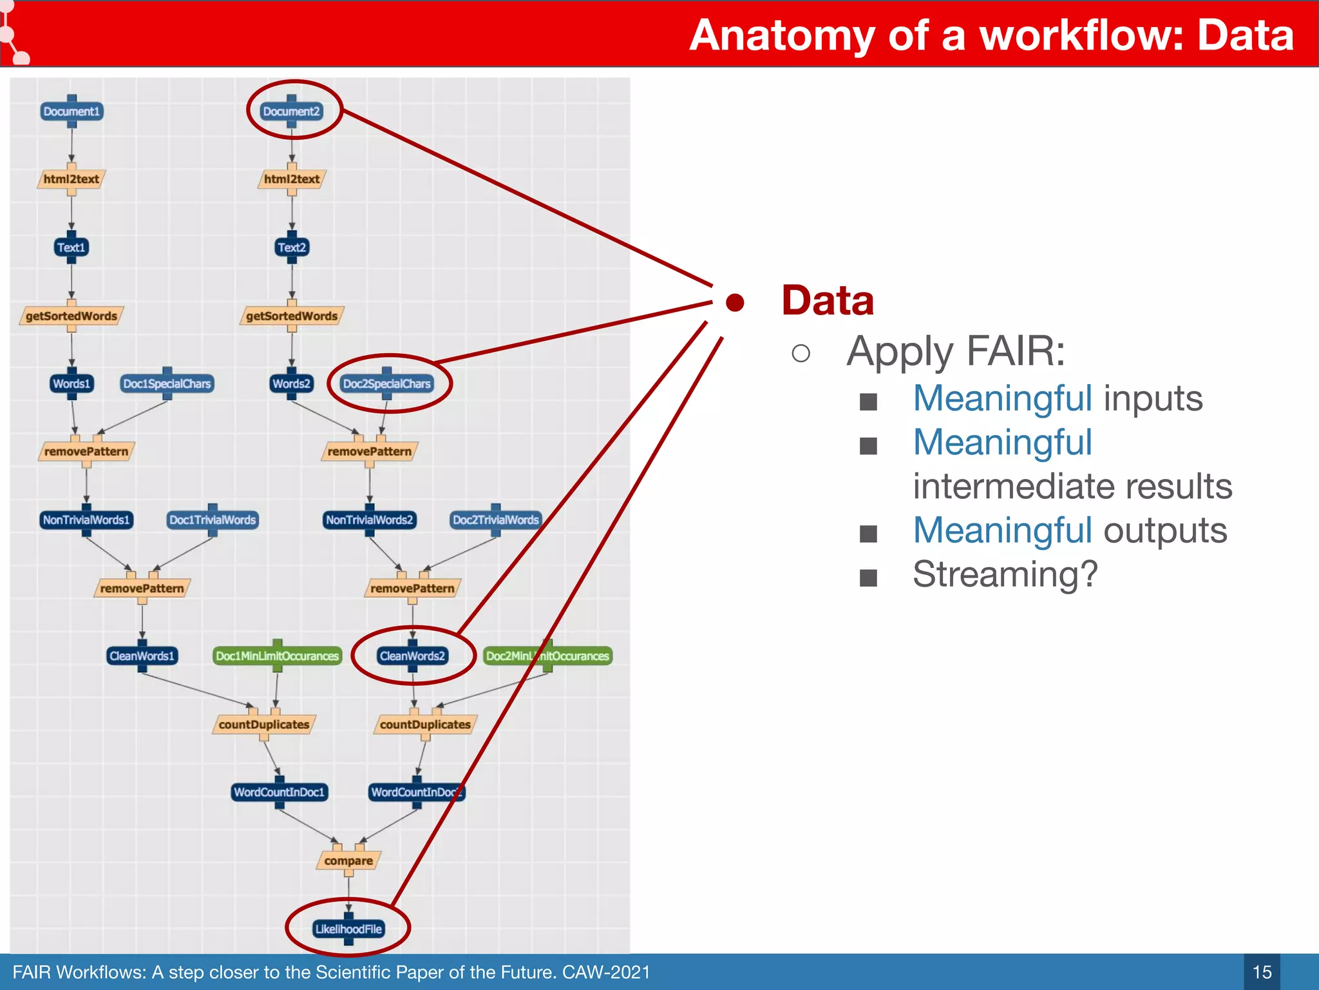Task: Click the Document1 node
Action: (x=71, y=112)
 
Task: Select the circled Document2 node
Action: (x=291, y=112)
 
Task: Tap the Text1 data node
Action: (x=71, y=247)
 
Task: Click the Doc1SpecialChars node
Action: (x=167, y=383)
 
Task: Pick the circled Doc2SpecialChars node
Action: (x=386, y=383)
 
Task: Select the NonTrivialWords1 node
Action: (x=86, y=519)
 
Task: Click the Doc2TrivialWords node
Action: (x=495, y=519)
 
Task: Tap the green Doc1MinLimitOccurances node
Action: (x=277, y=656)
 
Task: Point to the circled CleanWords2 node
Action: (x=412, y=656)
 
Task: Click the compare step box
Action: (x=348, y=860)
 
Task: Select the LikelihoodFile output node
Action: (x=348, y=929)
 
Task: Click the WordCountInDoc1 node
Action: (x=279, y=792)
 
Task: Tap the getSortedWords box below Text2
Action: (x=291, y=316)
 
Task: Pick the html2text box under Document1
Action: (x=71, y=179)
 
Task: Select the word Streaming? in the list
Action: (x=1005, y=574)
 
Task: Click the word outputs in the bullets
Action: (x=1165, y=530)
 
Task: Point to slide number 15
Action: (x=1262, y=972)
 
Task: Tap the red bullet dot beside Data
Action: (x=735, y=302)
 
